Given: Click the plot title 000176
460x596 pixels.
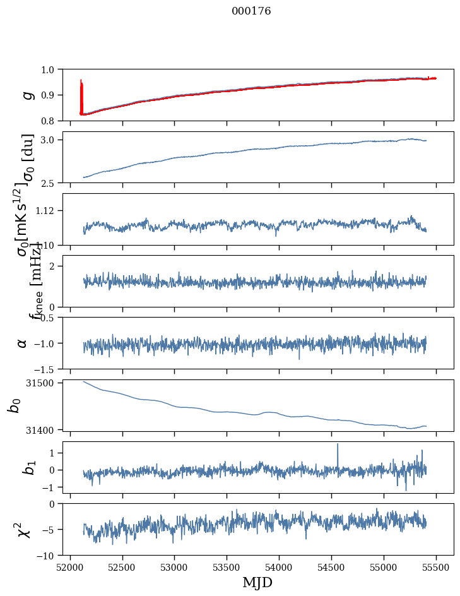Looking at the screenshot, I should coord(251,11).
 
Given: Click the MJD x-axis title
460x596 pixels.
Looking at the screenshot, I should coord(257,583).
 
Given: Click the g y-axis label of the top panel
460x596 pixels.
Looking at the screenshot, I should coord(27,95).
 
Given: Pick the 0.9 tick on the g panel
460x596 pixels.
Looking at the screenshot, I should coord(50,95).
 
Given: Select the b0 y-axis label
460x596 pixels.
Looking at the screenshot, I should coord(14,405).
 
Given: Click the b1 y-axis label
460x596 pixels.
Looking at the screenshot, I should coord(27,467).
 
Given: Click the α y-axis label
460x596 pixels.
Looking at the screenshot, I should coord(23,343).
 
